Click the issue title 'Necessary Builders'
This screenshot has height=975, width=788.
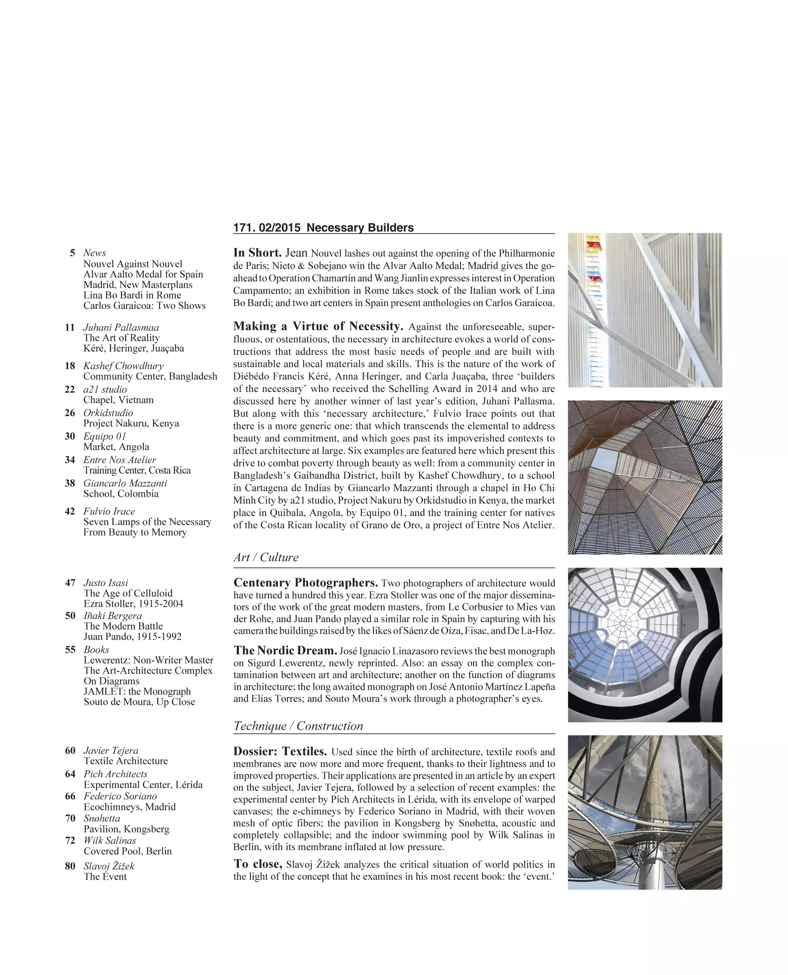(360, 228)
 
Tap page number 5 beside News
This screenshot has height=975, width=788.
(72, 253)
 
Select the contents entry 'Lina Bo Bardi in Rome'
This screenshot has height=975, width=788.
(132, 295)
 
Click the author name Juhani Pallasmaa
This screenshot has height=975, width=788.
(121, 327)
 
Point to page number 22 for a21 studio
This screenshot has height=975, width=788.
(70, 390)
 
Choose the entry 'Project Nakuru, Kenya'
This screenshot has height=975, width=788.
(131, 423)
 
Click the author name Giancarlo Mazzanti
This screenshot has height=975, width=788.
(125, 483)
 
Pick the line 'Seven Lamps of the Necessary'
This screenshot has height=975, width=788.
(147, 522)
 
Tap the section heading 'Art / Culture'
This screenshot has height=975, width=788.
(266, 557)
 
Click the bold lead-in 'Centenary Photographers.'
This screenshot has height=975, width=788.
(305, 583)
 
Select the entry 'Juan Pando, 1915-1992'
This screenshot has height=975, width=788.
(132, 636)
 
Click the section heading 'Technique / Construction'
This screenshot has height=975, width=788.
(298, 726)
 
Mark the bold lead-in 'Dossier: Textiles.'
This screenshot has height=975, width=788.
(280, 751)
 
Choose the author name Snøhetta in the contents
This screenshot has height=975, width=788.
(102, 818)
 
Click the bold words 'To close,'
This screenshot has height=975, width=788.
(258, 864)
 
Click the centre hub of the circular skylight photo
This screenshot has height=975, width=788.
(623, 624)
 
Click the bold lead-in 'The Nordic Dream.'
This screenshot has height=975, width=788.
(285, 651)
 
